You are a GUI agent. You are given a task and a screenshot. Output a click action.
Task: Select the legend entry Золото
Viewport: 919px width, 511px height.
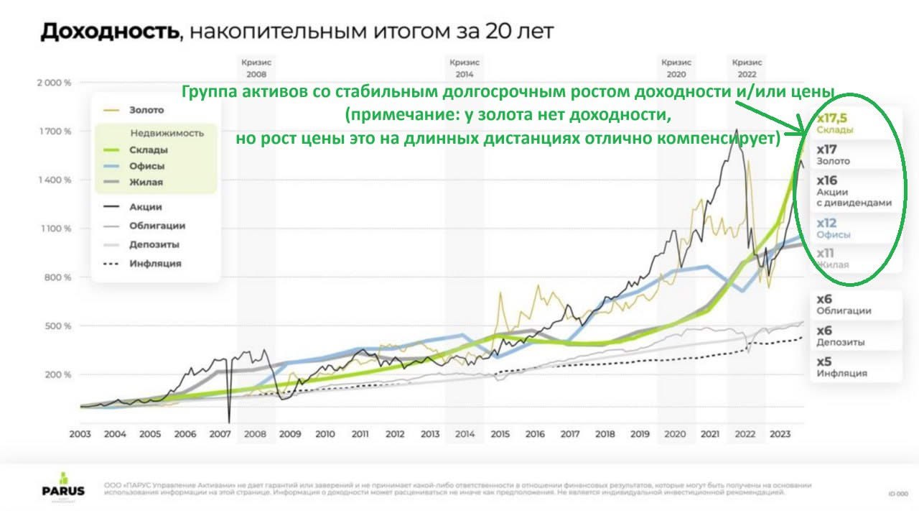point(146,110)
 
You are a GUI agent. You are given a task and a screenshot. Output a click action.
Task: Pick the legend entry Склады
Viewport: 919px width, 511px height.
point(149,149)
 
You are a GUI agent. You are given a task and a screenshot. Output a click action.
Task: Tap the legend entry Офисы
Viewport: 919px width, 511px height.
point(146,166)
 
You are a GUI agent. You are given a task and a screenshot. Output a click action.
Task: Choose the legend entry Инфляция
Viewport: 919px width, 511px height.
point(155,263)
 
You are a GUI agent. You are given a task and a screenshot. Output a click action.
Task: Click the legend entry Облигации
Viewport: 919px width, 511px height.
point(157,225)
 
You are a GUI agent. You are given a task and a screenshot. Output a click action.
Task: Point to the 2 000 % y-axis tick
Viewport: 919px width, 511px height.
point(54,83)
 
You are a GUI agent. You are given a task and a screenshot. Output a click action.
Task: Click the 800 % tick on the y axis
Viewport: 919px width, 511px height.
point(57,277)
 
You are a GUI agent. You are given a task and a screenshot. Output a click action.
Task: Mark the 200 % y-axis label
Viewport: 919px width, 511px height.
point(57,374)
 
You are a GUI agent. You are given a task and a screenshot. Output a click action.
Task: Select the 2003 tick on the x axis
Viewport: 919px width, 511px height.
point(80,434)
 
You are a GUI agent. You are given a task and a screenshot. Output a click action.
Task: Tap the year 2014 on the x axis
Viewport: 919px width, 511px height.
point(465,434)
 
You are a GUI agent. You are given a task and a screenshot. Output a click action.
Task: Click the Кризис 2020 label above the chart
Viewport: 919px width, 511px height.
point(676,68)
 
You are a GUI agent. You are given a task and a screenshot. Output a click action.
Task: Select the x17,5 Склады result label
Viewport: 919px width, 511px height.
point(835,123)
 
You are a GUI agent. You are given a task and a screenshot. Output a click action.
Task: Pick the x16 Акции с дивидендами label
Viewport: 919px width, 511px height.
point(853,190)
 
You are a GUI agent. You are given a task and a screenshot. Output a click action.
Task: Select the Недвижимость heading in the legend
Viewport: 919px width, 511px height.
point(167,133)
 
